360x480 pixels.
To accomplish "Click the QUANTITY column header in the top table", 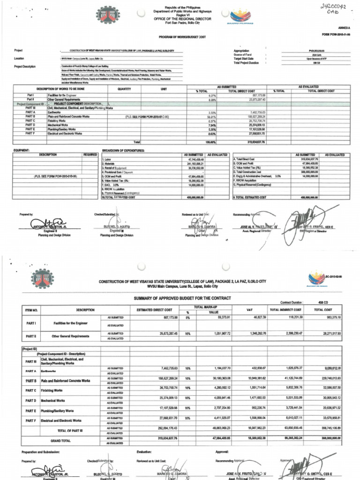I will click(x=124, y=89).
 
